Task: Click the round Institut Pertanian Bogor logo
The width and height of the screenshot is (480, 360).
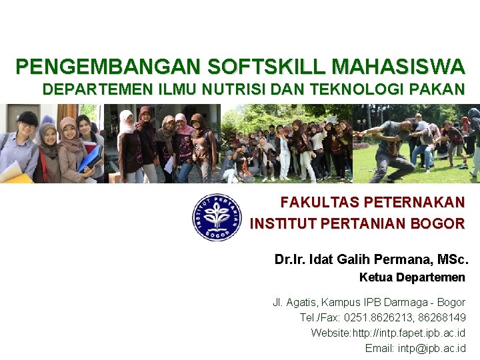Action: click(217, 217)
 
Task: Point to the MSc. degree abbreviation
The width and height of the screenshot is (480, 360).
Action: click(451, 259)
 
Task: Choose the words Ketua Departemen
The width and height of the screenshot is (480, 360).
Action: click(412, 277)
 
